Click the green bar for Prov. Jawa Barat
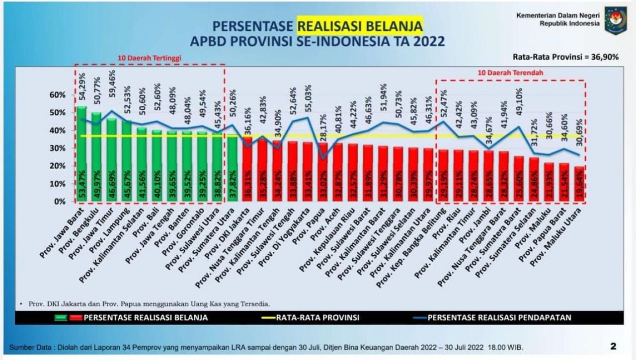tap(82, 154)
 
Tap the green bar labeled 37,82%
tap(232, 168)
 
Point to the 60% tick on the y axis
tap(58, 95)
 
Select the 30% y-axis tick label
tap(58, 148)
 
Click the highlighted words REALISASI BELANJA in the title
tap(360, 26)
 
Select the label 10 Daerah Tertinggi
tap(149, 58)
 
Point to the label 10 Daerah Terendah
tap(510, 72)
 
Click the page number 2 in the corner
tap(613, 346)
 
